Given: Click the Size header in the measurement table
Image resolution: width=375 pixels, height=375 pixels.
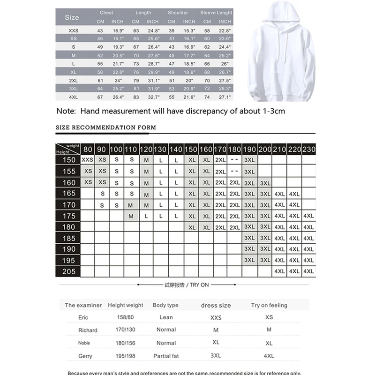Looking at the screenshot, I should click(72, 17).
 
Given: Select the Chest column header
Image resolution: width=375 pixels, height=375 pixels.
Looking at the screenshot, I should click(106, 13).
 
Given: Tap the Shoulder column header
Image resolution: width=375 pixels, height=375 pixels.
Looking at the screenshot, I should click(178, 13).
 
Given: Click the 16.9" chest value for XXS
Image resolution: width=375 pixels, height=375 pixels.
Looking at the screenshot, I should click(117, 30).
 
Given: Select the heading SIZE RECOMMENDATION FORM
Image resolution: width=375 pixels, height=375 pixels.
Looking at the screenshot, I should click(106, 127).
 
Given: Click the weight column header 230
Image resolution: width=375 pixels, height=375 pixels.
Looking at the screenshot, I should click(308, 149).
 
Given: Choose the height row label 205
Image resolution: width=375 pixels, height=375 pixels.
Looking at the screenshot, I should click(68, 271).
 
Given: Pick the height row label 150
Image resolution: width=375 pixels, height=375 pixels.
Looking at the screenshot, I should click(68, 160).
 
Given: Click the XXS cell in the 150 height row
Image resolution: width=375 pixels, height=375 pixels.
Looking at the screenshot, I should click(87, 160).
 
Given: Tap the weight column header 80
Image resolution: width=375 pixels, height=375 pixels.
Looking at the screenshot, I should click(88, 149).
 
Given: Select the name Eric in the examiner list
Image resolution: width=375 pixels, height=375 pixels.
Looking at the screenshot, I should click(83, 317).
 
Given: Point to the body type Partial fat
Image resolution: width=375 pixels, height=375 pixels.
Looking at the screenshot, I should click(166, 356).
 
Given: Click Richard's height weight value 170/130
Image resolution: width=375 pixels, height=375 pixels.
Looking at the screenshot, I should click(125, 330).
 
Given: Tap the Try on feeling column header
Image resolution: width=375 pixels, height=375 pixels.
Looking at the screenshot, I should click(269, 305).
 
